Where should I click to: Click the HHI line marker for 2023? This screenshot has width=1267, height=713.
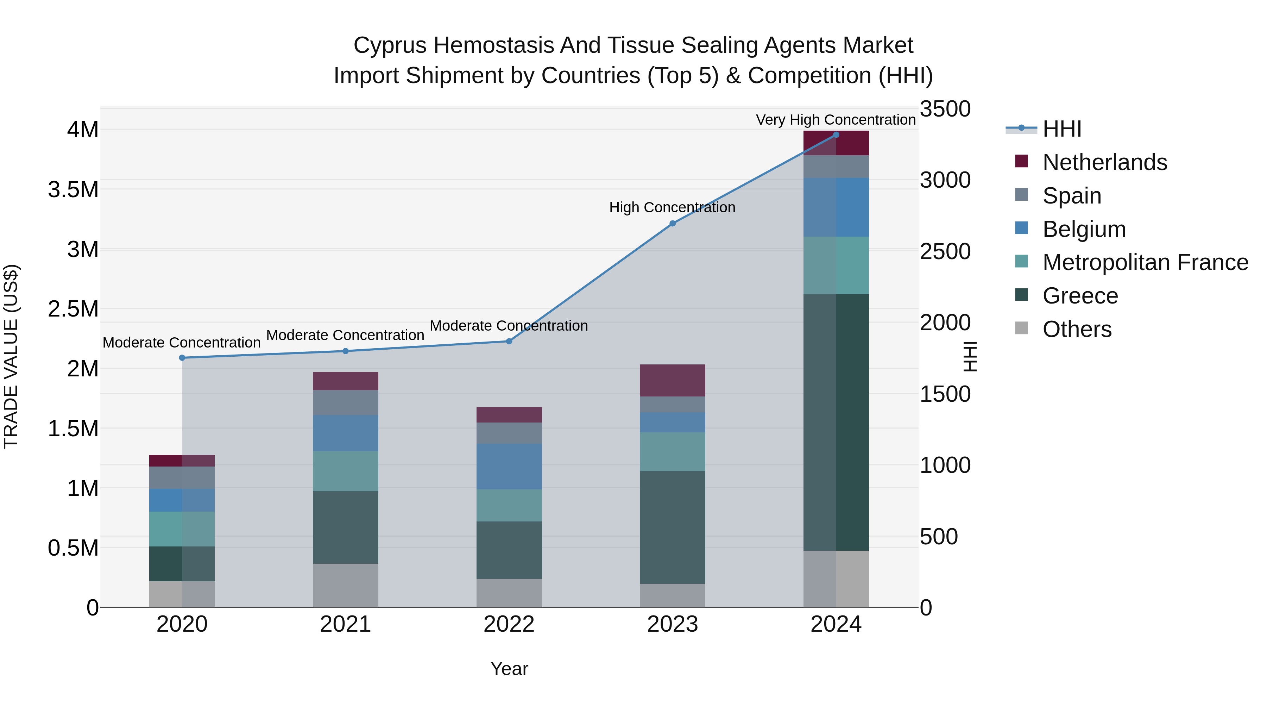click(672, 223)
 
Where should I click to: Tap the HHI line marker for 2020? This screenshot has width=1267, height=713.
click(182, 358)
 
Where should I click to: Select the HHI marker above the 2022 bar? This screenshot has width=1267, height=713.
click(509, 341)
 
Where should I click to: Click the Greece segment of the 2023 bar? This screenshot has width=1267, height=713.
click(672, 527)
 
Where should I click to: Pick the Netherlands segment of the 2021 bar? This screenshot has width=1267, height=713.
click(345, 381)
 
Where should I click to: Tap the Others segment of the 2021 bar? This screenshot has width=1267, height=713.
click(345, 585)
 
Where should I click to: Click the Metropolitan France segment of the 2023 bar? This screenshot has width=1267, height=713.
click(672, 452)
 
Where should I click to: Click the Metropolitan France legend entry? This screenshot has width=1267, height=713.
click(1145, 262)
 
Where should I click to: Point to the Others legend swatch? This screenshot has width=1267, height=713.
click(1022, 328)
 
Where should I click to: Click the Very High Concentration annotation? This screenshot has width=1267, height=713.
click(835, 120)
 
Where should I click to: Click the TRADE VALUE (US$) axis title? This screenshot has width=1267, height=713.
click(11, 356)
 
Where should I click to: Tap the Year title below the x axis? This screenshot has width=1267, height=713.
click(509, 669)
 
